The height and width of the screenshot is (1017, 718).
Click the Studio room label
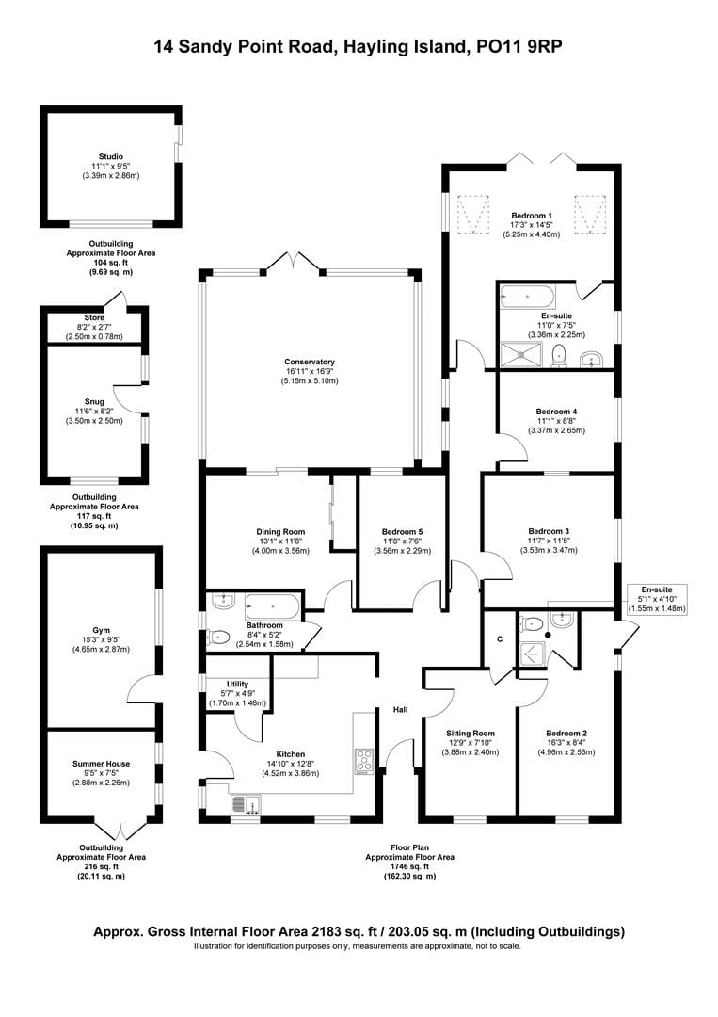click(x=111, y=156)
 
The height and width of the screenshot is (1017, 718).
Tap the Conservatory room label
click(x=310, y=362)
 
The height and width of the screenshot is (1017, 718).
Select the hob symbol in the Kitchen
click(x=363, y=760)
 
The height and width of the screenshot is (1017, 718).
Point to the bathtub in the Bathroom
click(x=272, y=605)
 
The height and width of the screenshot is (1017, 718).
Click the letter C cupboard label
click(x=499, y=638)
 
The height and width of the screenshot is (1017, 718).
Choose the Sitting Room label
click(x=470, y=733)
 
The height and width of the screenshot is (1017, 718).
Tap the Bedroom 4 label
click(x=556, y=412)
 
